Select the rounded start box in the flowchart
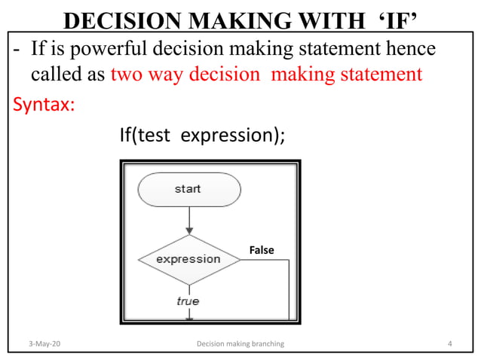[188, 189]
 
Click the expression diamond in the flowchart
[188, 259]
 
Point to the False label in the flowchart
[261, 249]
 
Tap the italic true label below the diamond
[188, 301]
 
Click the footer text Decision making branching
[240, 344]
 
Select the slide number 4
[449, 344]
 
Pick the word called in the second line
[57, 75]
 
